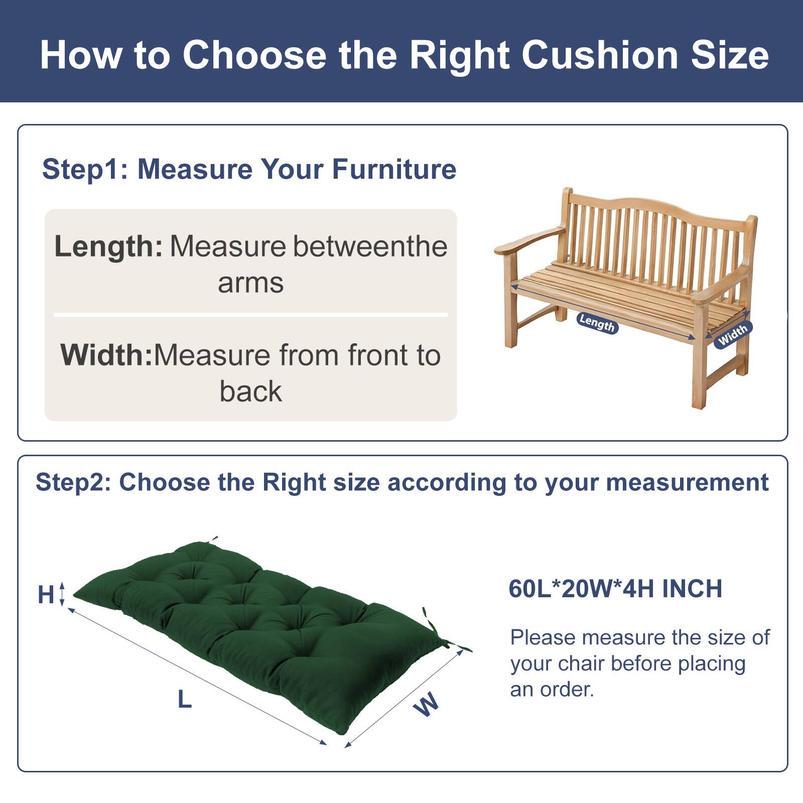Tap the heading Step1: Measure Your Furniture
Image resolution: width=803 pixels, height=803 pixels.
click(x=249, y=169)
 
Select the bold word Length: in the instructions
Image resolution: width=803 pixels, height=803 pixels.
click(x=108, y=246)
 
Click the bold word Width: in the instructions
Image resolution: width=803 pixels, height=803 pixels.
click(x=106, y=355)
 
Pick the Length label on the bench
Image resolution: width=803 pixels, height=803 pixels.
click(x=597, y=322)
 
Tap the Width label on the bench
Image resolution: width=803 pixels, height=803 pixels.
click(x=733, y=334)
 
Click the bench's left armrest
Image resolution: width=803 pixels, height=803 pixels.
click(x=527, y=241)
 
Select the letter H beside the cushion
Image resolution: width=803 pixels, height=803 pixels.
click(x=46, y=595)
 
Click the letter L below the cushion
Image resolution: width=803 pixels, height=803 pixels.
click(x=185, y=699)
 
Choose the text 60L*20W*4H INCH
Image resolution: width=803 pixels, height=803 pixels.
click(x=615, y=589)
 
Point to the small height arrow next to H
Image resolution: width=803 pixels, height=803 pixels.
click(x=62, y=594)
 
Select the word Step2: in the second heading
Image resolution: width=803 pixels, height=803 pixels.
click(x=73, y=482)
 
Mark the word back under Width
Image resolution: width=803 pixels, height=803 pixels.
click(x=250, y=391)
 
